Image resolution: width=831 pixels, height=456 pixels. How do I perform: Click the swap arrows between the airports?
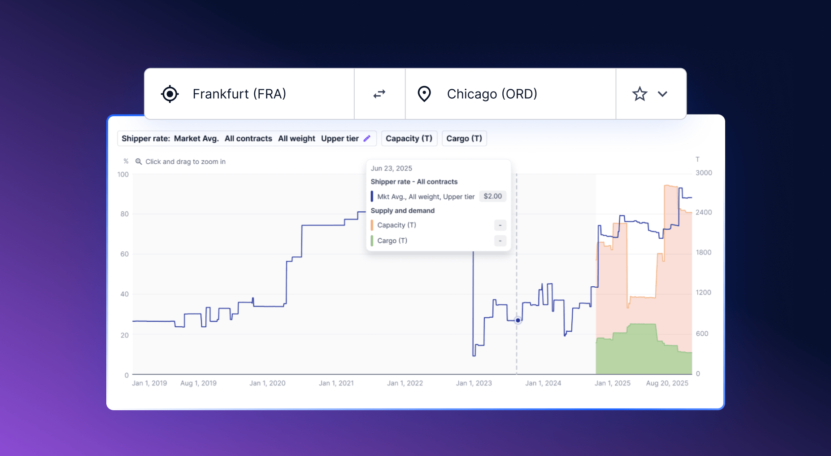coord(379,94)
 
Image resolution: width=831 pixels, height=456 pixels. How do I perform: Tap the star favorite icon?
coord(640,94)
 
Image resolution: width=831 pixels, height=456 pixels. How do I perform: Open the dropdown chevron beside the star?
coord(662,94)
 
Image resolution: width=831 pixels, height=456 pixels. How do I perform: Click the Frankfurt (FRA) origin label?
coord(239,94)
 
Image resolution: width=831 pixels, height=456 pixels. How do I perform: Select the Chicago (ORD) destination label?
coord(492,94)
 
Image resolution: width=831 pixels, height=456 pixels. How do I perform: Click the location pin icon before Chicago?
coord(424,94)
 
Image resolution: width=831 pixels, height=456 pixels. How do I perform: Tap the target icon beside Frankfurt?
coord(170,94)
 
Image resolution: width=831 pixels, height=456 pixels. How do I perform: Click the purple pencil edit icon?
coord(367,138)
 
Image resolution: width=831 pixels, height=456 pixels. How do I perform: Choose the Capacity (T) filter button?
coord(409,138)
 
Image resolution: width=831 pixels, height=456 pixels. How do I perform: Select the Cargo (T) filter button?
coord(464,138)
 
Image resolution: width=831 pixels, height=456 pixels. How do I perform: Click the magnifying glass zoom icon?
coord(139,162)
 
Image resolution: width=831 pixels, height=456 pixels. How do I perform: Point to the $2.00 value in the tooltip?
coord(492,196)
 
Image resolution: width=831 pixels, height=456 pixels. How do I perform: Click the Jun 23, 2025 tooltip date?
coord(391,168)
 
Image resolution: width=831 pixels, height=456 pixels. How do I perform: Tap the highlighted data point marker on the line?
coord(518,320)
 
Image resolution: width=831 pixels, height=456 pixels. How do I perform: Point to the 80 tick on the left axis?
coord(124,214)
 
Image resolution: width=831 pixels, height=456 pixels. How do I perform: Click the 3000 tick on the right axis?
coord(704,173)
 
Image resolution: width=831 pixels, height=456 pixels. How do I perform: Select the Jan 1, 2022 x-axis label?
coord(405,383)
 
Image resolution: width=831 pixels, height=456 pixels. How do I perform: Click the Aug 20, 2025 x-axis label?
coord(667,383)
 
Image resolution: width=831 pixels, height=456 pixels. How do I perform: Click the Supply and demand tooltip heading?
coord(402,210)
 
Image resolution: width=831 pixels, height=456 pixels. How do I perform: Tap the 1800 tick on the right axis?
coord(703,252)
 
